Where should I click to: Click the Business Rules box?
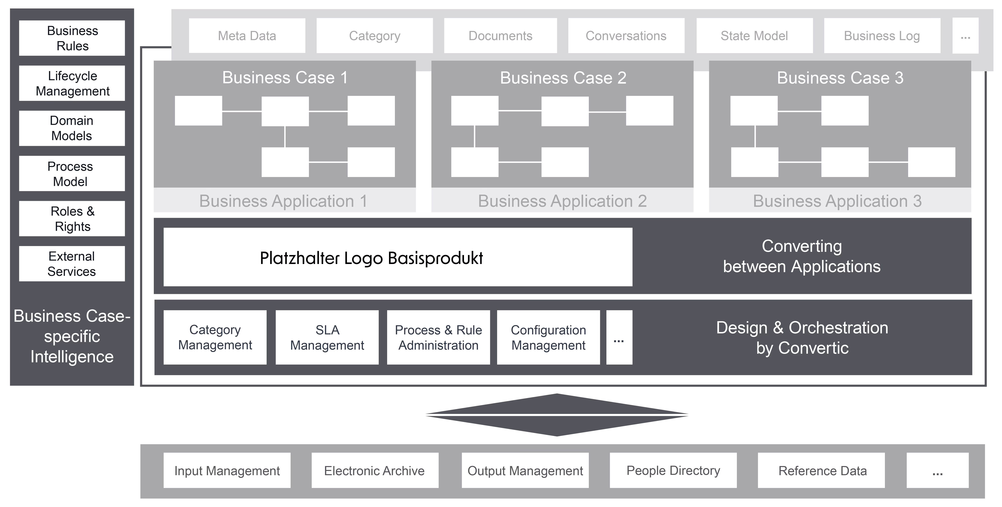[72, 38]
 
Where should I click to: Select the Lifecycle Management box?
[72, 83]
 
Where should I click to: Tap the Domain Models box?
[72, 128]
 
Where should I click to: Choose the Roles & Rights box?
[72, 219]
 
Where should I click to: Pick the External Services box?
[72, 264]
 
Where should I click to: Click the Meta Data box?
[247, 36]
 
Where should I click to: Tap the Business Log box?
[882, 36]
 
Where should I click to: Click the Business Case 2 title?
[563, 78]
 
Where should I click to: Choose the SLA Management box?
[327, 337]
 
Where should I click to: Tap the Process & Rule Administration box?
[438, 337]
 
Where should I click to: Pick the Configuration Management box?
[548, 337]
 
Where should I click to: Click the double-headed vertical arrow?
[557, 415]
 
